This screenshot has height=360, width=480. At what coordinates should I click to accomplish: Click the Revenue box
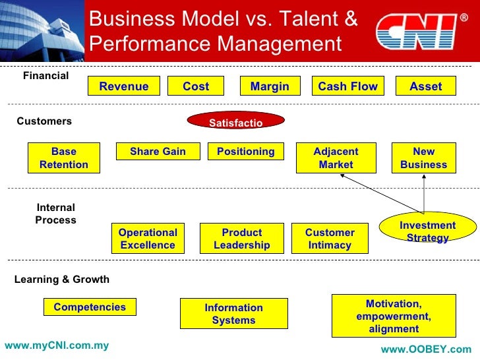tap(124, 86)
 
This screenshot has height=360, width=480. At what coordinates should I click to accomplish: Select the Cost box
tap(195, 86)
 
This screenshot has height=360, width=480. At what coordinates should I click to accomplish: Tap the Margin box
tap(270, 86)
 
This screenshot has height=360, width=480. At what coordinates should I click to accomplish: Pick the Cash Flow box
tap(347, 86)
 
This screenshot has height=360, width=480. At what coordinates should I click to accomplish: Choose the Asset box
tap(425, 86)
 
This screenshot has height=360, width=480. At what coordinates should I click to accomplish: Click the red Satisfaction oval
tap(235, 122)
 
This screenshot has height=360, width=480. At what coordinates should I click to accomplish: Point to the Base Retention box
tap(64, 158)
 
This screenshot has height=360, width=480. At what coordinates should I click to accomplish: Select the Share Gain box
tap(158, 152)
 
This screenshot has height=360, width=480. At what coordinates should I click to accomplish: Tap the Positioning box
tap(245, 152)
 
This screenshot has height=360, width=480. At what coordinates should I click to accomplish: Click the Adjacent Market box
tap(336, 158)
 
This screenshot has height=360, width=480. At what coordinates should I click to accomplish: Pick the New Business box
tap(423, 158)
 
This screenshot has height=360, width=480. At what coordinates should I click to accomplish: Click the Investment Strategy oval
tap(427, 231)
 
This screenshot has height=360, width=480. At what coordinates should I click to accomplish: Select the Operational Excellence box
tap(148, 239)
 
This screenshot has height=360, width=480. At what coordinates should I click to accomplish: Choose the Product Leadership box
tap(241, 239)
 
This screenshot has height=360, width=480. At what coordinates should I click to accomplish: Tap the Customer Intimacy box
tap(330, 239)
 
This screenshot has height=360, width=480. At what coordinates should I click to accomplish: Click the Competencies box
tap(90, 307)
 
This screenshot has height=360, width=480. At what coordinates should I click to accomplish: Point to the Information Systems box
tap(233, 314)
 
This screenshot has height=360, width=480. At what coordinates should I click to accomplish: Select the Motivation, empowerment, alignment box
tap(394, 316)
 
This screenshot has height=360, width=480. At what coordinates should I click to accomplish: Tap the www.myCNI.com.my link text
tap(57, 345)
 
